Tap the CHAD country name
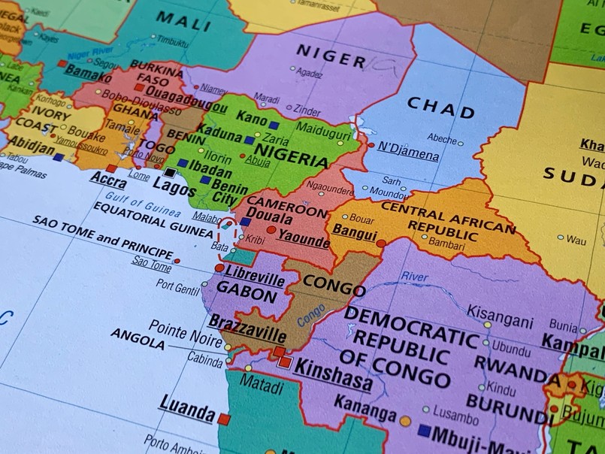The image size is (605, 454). coord(440,108)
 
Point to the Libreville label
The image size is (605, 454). coord(255,275)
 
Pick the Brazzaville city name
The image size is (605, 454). coord(247,328)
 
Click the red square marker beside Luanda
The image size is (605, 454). coord(224,419)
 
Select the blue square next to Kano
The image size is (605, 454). coord(274,126)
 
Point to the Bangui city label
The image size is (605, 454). coord(354,232)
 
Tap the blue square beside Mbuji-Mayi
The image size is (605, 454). coord(425,431)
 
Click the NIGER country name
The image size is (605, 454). coord(331,56)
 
